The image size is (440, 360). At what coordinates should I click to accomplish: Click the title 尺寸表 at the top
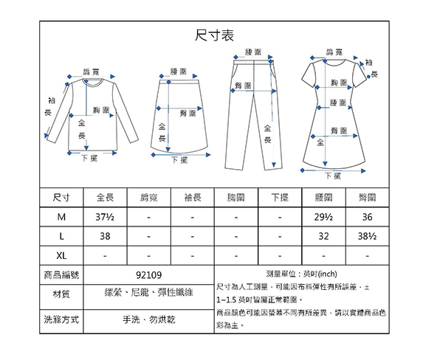(214, 35)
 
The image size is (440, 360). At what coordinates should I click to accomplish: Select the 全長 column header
(106, 198)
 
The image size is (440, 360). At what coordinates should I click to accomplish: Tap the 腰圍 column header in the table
(323, 198)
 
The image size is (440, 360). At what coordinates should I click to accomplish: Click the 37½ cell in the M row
(105, 217)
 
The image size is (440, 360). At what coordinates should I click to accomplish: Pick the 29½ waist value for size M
(323, 217)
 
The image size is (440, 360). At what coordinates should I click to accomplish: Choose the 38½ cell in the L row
(368, 236)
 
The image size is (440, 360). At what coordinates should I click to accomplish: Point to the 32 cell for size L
(323, 236)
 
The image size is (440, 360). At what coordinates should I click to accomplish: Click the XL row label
(61, 256)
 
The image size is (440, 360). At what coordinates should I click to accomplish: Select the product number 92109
(148, 275)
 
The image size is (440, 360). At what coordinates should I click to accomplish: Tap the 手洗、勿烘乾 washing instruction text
(148, 319)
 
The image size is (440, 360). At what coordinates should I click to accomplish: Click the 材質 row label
(61, 294)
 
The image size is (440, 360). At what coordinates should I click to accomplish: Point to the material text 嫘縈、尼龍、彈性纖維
(148, 293)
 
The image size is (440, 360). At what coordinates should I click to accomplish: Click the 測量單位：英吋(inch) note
(302, 274)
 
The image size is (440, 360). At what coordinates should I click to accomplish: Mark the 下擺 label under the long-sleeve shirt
(90, 159)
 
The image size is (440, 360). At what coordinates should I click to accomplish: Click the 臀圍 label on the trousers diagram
(244, 86)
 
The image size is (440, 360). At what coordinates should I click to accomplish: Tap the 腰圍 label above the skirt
(179, 72)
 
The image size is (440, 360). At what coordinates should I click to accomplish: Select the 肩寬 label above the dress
(334, 52)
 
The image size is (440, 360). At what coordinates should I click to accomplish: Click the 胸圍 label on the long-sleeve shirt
(101, 110)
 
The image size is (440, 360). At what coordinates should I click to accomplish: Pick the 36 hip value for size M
(368, 217)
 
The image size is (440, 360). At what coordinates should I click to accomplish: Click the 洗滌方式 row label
(61, 319)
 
